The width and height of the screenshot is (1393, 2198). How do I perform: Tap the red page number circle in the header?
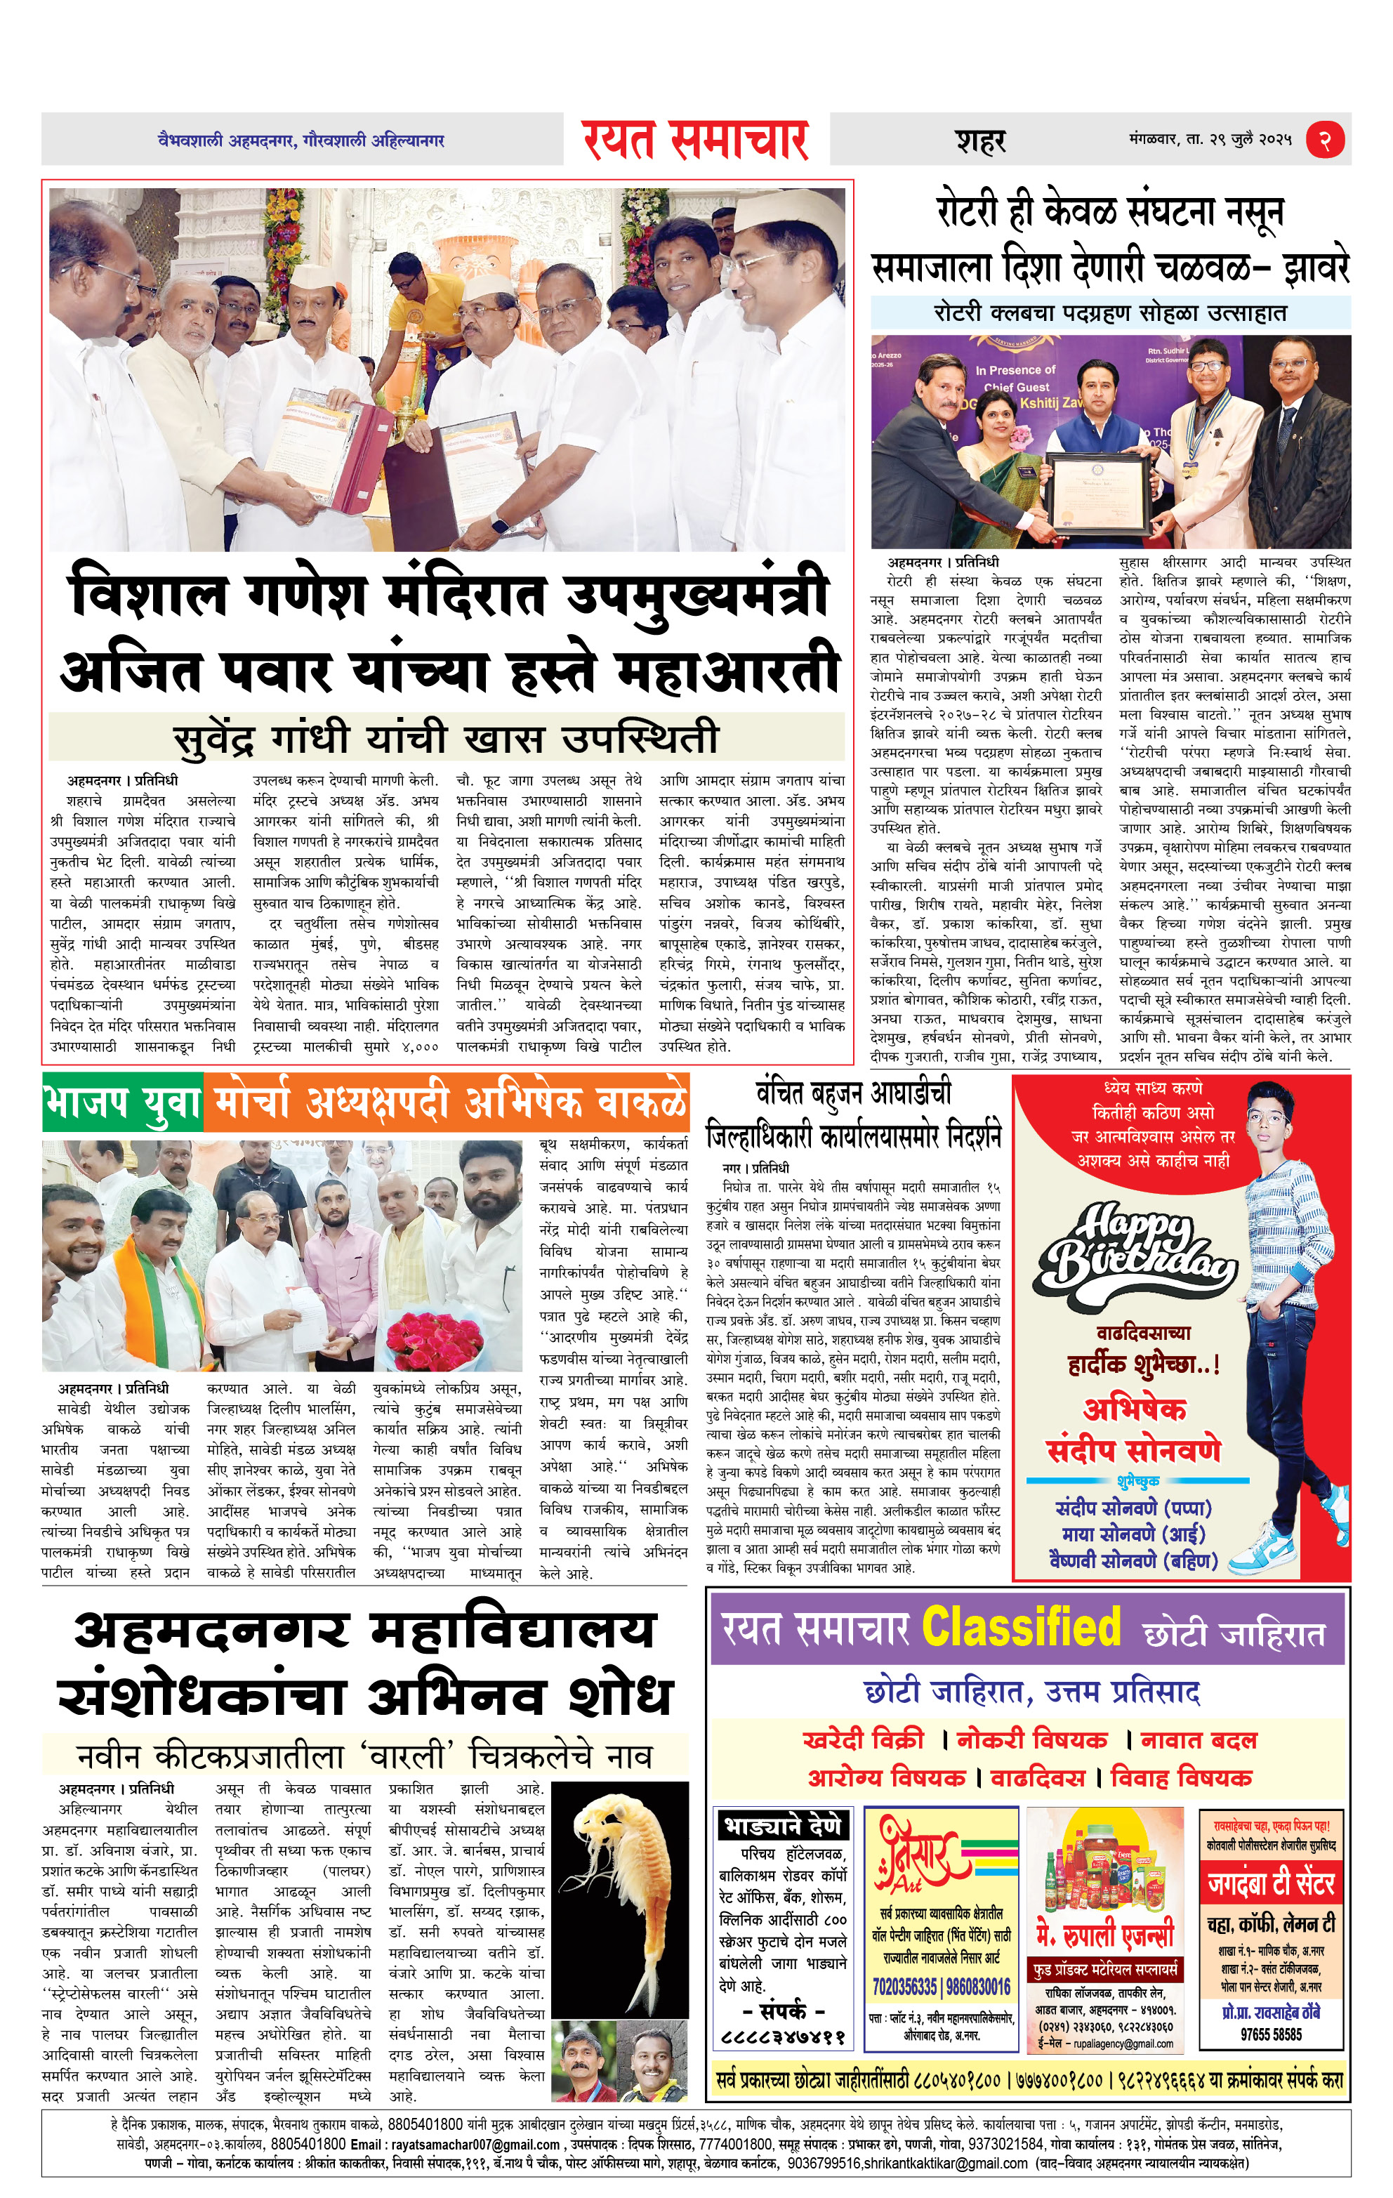[x=1324, y=140]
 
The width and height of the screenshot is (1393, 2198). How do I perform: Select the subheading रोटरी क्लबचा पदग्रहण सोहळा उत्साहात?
[x=1110, y=313]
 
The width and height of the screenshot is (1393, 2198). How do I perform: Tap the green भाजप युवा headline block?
[x=122, y=1103]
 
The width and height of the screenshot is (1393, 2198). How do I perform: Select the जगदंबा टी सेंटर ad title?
[x=1271, y=1883]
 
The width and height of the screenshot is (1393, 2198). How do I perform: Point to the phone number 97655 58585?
[x=1271, y=2034]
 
